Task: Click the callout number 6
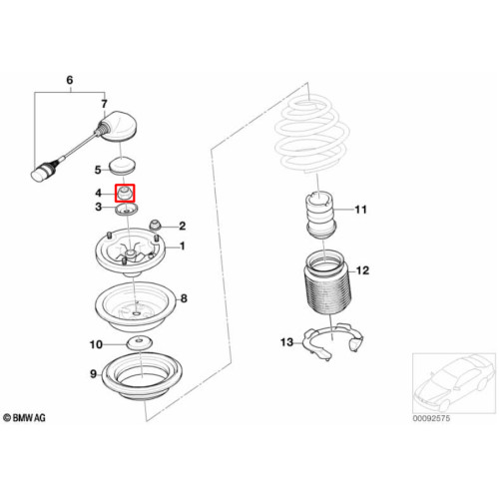click(70, 80)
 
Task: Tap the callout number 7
click(104, 104)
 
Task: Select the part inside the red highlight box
click(125, 193)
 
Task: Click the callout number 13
click(286, 342)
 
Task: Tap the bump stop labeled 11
click(321, 215)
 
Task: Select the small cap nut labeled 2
click(155, 225)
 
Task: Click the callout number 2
click(182, 227)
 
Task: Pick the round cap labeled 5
click(122, 167)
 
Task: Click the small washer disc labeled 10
click(140, 343)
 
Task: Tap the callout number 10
click(96, 344)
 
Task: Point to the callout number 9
click(94, 374)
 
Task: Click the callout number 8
click(184, 298)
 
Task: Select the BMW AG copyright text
click(24, 418)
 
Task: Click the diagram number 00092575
click(431, 418)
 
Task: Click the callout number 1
click(182, 247)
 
